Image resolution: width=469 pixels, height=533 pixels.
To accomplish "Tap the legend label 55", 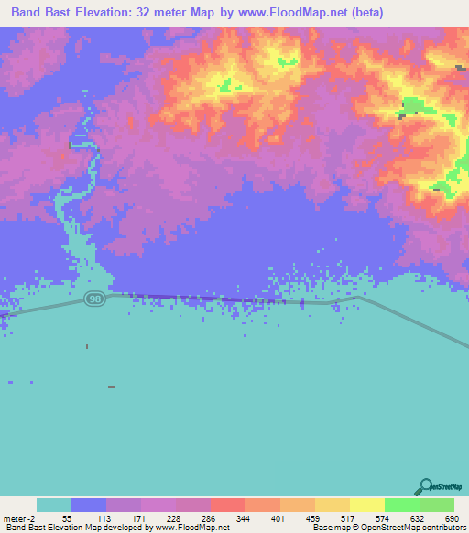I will pos(67,518).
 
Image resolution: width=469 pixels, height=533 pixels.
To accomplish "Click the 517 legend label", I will pos(347,518).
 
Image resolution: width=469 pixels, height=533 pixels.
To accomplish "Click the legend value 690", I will pos(452,518).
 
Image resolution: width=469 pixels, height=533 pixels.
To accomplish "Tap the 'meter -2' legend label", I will pos(20,518).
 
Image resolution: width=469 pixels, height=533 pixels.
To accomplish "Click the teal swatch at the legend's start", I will pos(53,505).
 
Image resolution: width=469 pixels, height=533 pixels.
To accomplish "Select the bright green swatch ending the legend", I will pos(437,505).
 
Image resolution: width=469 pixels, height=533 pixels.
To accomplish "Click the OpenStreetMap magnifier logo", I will pos(425,486).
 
